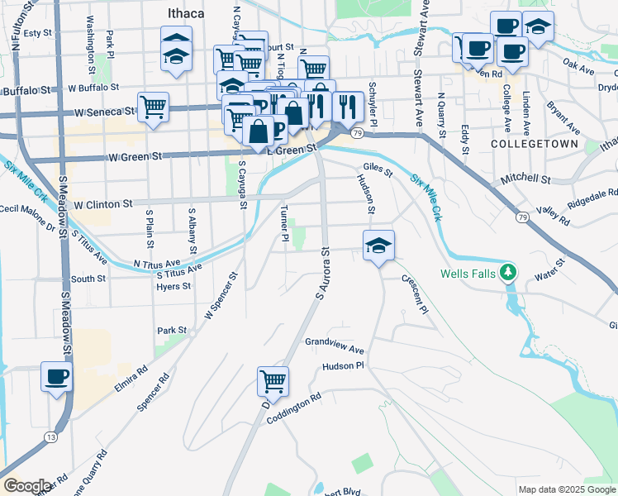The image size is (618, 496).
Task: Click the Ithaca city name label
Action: tap(187, 14)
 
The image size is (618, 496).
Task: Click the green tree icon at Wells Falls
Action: tap(511, 271)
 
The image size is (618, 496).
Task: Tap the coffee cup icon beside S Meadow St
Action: tap(57, 377)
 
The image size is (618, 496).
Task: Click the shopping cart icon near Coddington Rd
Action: tap(273, 382)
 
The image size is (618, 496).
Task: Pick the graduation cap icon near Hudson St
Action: tap(378, 246)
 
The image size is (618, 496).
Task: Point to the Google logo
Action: tap(27, 485)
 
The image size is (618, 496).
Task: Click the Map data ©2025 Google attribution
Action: tap(566, 489)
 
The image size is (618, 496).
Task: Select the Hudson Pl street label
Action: tap(343, 365)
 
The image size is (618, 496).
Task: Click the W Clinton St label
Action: tap(103, 203)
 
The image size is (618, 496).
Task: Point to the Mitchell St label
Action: tap(525, 179)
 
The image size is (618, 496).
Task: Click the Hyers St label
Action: tap(174, 287)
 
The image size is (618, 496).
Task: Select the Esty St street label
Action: tap(38, 33)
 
